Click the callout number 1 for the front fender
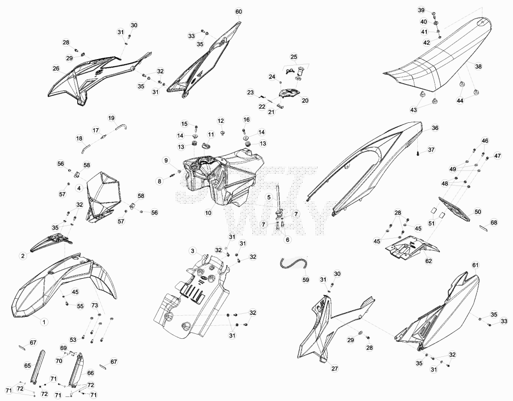(x=44, y=322)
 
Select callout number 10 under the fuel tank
(x=208, y=213)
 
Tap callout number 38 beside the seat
(x=478, y=67)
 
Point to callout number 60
(x=238, y=12)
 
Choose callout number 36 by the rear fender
(x=435, y=128)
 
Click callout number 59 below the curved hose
(x=306, y=280)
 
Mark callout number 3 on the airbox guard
(x=193, y=251)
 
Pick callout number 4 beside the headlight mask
(x=79, y=188)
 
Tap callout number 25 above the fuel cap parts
(x=294, y=57)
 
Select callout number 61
(x=475, y=265)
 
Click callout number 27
(x=335, y=368)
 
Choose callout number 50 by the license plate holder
(x=478, y=212)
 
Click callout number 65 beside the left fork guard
(x=28, y=365)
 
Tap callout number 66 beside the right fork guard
(x=90, y=373)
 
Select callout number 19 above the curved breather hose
(x=111, y=118)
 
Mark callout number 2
(x=23, y=256)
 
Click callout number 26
(x=56, y=68)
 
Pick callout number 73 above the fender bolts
(x=95, y=305)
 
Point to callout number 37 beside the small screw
(x=431, y=149)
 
